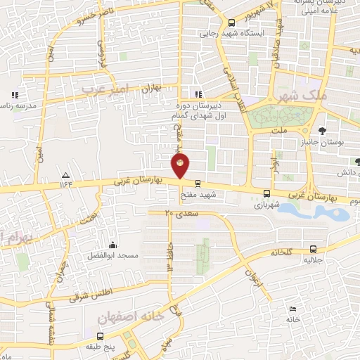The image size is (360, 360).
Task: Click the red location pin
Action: click(180, 167)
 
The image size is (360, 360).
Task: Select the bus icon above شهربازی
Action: click(266, 193)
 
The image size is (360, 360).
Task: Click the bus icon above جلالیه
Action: click(313, 248)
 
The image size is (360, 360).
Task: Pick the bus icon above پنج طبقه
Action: click(100, 337)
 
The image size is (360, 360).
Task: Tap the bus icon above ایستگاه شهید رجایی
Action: click(232, 22)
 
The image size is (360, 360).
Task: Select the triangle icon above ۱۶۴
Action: click(65, 174)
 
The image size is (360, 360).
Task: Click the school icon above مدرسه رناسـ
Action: click(14, 95)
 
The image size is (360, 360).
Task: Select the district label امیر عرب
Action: click(106, 89)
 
